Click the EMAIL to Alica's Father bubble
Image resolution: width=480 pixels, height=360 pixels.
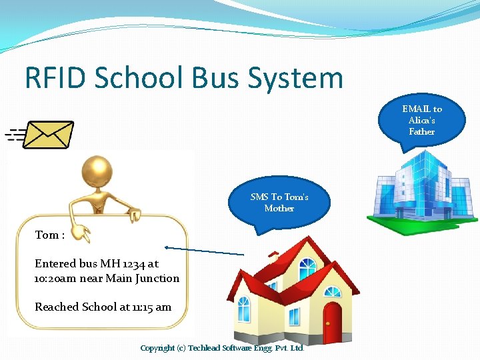point(421,120)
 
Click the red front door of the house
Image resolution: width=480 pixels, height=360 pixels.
point(332,323)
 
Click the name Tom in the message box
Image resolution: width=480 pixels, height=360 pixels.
point(46,235)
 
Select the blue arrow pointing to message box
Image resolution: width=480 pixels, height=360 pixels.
point(204,251)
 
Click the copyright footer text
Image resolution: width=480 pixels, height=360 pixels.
point(222,348)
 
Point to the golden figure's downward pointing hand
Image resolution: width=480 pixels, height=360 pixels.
point(83,233)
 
